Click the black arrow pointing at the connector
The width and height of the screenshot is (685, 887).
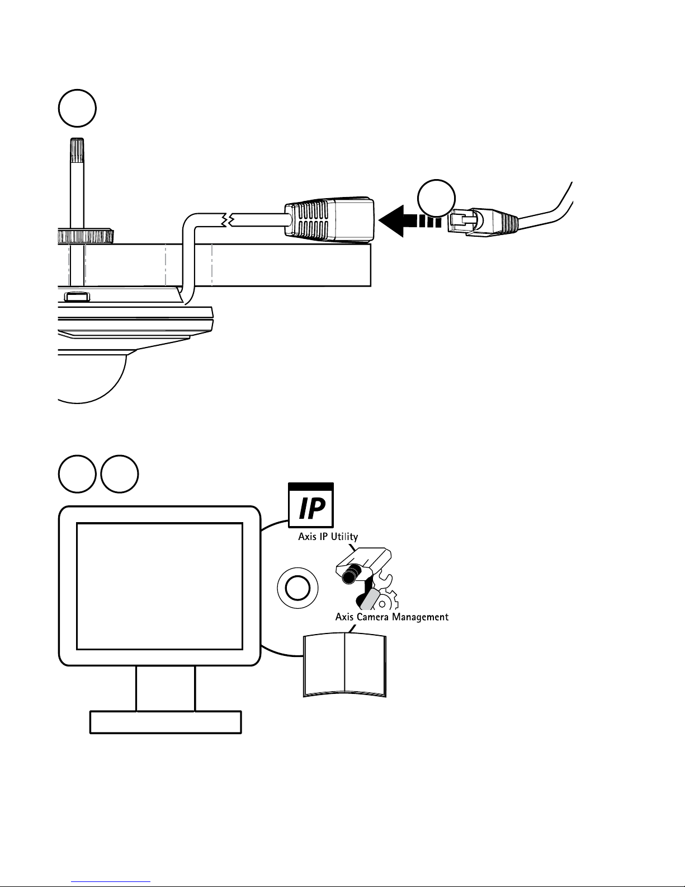409,221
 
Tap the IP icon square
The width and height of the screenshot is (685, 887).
311,505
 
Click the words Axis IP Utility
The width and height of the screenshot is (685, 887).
328,536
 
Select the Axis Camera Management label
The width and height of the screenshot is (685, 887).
392,617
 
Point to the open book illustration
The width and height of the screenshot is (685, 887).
344,665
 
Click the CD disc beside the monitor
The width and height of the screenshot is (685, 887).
297,588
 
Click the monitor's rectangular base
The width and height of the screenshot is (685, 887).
166,722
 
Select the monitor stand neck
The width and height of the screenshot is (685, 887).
166,689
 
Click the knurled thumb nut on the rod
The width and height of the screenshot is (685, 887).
85,236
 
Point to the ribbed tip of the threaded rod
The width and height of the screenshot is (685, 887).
77,151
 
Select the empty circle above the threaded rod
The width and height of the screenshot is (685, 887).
77,108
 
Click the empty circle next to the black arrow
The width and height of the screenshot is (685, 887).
436,198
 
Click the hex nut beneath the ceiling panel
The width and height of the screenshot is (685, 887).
77,297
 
